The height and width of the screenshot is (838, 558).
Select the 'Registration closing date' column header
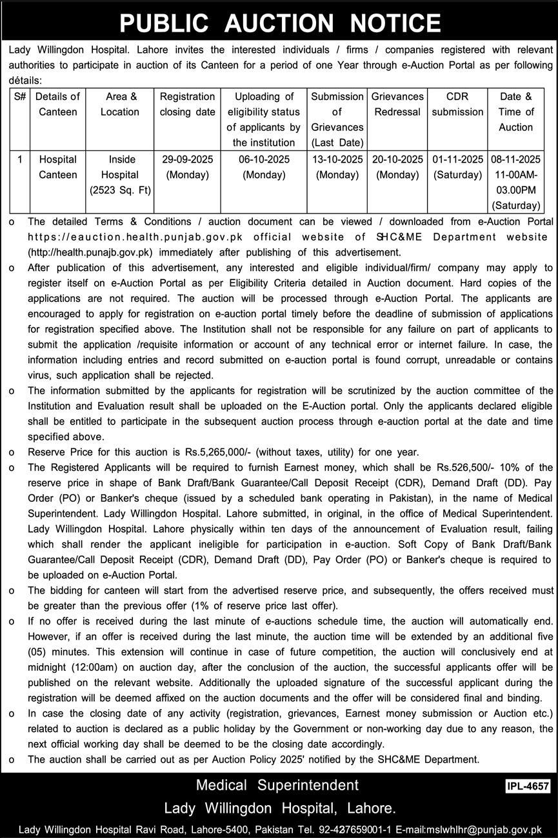coord(187,105)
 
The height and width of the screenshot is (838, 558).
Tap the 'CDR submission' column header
coord(457,105)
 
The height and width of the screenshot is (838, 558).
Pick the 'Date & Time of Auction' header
coord(515,112)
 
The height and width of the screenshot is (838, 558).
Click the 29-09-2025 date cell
coord(187,159)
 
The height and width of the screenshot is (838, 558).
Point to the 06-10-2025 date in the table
coord(264,159)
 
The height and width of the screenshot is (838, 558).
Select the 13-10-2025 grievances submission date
coord(337,159)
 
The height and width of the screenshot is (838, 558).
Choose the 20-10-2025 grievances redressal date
coord(397,159)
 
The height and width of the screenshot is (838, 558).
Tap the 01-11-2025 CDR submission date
coord(457,159)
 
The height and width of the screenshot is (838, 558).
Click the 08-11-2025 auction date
coord(515,159)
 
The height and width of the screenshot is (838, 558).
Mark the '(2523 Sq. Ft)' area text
coord(120,190)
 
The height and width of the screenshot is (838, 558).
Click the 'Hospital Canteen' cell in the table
coord(58,167)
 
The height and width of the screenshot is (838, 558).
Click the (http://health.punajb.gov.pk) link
coord(90,252)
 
